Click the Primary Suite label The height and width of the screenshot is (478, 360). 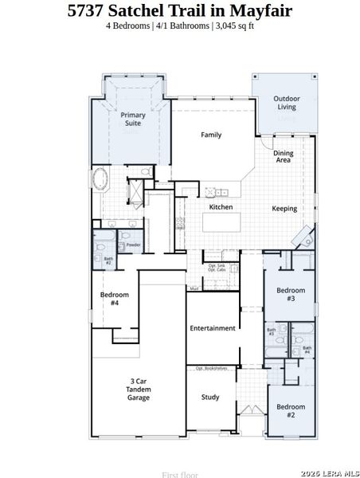pos(133,119)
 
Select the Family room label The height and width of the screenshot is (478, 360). pos(211,135)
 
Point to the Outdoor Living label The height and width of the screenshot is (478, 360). pos(285,103)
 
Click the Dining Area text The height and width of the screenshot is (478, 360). pos(283,156)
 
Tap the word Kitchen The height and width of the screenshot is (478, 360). pos(221,207)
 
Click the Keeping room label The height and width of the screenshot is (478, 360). pos(284,209)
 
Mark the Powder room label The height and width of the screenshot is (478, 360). pos(133,245)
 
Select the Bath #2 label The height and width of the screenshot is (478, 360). pos(108,260)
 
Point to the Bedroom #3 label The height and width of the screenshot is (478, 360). pos(291,294)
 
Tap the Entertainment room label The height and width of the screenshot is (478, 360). pos(213,328)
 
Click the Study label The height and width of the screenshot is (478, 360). pos(210,397)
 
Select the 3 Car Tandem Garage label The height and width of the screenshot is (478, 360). pos(139,389)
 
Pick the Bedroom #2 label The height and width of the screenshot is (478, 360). pos(291,411)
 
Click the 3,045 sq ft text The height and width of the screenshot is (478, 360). pos(236,25)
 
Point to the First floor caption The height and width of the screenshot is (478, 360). pos(179,475)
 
